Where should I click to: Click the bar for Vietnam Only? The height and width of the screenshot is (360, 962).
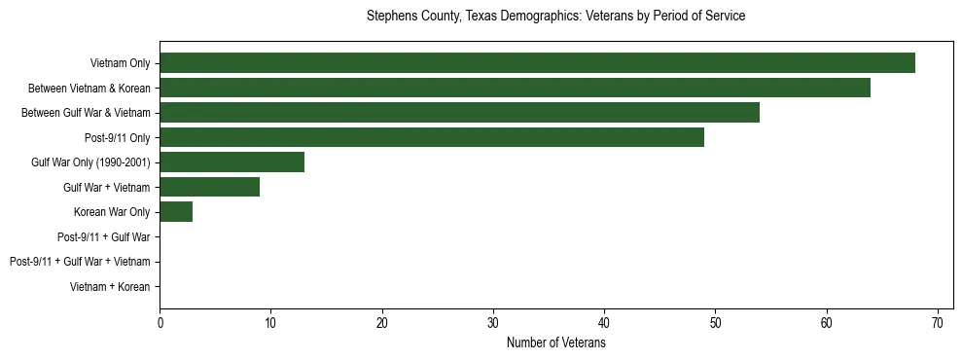[x=537, y=63]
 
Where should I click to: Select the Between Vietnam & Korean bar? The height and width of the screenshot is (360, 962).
[x=515, y=88]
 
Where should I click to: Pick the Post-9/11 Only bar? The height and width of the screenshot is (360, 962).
[x=431, y=137]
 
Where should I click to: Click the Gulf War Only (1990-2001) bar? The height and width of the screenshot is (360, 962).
[x=232, y=162]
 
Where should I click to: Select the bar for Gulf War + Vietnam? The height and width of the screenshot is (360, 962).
[x=209, y=187]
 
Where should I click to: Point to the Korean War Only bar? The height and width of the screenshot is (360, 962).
[x=176, y=212]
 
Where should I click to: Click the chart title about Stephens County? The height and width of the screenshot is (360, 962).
[x=555, y=17]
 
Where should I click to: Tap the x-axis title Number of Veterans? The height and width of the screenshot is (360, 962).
[x=555, y=343]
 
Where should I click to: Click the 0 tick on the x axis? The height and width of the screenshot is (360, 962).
[x=160, y=323]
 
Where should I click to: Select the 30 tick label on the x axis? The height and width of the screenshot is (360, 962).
[x=493, y=323]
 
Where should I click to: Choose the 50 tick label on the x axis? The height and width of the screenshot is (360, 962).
[x=715, y=323]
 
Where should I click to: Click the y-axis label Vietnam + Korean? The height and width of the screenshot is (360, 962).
[x=110, y=287]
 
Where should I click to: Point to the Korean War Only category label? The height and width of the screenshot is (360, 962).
[x=112, y=212]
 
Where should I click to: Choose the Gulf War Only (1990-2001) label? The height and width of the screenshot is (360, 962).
[x=90, y=162]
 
